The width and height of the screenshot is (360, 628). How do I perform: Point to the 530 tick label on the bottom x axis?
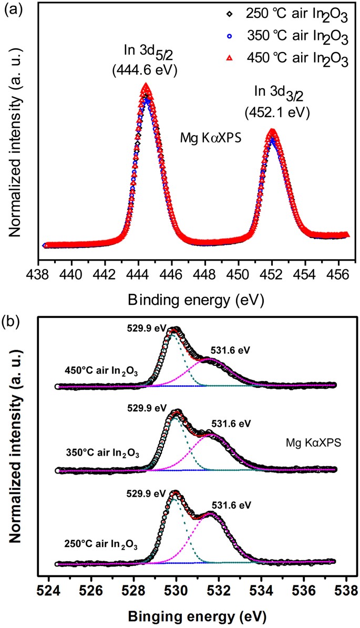click(x=177, y=592)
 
